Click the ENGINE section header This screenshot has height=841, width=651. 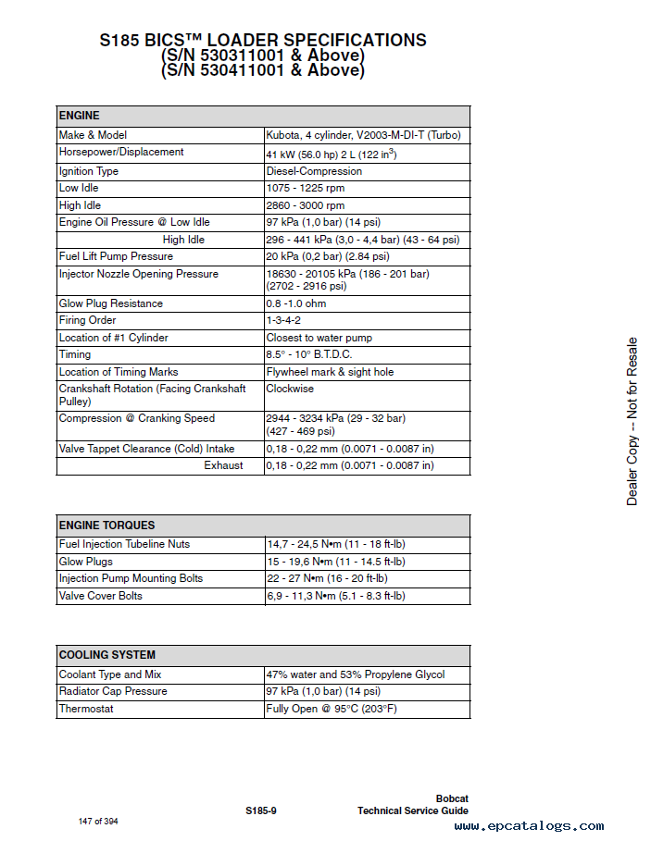click(x=80, y=117)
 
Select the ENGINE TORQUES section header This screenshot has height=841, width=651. click(x=106, y=526)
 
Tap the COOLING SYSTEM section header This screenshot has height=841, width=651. click(x=106, y=655)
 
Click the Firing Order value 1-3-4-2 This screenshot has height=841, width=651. click(x=283, y=321)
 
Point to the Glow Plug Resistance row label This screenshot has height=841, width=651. click(x=110, y=303)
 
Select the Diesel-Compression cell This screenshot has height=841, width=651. click(x=314, y=171)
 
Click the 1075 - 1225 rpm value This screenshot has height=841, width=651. click(x=305, y=188)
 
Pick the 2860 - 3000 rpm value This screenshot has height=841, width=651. click(x=305, y=205)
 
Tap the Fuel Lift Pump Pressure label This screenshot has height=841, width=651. click(x=116, y=256)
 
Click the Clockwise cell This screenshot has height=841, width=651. click(x=290, y=390)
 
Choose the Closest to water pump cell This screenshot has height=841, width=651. click(x=319, y=338)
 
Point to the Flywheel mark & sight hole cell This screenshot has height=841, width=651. click(x=330, y=372)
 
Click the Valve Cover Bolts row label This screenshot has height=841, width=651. click(x=101, y=596)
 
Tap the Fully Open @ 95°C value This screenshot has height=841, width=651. click(x=332, y=709)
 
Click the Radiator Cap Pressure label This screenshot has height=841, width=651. click(x=113, y=691)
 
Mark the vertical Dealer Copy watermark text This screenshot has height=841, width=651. click(x=632, y=421)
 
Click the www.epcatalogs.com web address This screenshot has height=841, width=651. click(x=529, y=826)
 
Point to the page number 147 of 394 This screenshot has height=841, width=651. click(x=98, y=821)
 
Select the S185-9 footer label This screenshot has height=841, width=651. click(x=261, y=811)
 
